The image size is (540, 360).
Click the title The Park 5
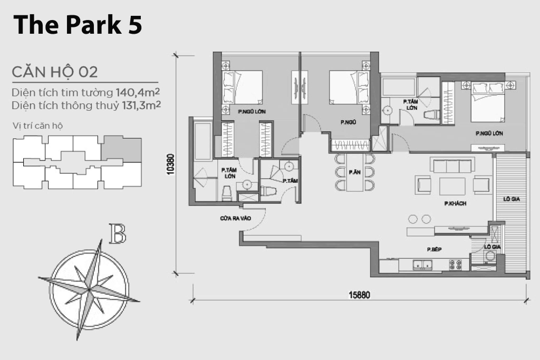(x=78, y=25)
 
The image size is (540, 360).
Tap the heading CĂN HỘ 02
(x=55, y=72)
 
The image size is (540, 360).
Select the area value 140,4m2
(x=138, y=92)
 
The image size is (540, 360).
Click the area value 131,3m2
(x=141, y=105)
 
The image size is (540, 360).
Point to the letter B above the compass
(x=118, y=233)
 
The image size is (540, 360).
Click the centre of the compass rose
(x=89, y=290)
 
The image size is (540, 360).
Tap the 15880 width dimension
(x=359, y=295)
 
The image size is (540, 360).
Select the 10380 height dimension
(x=170, y=164)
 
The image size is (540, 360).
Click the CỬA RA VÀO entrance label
(x=236, y=218)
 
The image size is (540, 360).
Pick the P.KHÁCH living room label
(x=455, y=203)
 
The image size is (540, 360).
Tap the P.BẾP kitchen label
(x=434, y=249)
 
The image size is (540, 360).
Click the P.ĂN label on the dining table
(x=354, y=172)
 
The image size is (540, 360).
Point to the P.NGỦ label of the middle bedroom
(x=348, y=122)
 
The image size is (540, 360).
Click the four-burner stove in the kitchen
(x=455, y=265)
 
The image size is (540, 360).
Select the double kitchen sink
(x=422, y=265)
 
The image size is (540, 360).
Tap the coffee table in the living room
(x=452, y=186)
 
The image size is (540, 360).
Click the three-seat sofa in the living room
(x=452, y=165)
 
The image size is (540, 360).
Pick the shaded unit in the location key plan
(x=121, y=148)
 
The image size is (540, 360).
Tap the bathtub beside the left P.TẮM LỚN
(x=202, y=141)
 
